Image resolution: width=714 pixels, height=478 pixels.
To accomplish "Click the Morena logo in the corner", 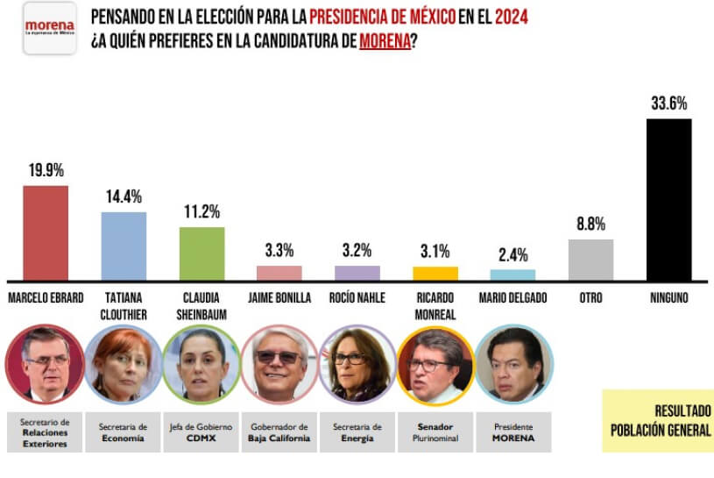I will (x=49, y=29).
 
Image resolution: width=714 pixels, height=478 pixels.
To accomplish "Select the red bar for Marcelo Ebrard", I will (x=46, y=232).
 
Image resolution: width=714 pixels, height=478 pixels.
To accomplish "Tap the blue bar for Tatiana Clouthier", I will (x=124, y=246).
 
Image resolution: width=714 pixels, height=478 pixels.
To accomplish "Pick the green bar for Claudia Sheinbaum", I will (x=201, y=253).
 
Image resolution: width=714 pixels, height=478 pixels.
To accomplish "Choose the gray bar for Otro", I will (x=590, y=259).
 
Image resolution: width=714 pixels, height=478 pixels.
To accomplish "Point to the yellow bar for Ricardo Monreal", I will (x=435, y=273).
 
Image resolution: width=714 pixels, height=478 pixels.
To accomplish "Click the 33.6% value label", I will (x=668, y=103).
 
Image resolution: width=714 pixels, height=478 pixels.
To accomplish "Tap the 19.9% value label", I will (x=46, y=170).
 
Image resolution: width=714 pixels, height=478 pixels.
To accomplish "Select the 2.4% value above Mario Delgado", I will (x=513, y=255).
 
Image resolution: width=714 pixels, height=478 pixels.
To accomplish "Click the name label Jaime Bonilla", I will (x=279, y=297).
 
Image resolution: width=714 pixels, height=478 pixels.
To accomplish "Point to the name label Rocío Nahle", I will (x=357, y=297).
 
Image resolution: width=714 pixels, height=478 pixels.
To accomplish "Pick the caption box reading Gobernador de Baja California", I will (x=279, y=432).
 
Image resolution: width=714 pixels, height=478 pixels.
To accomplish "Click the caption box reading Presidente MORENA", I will (x=513, y=432).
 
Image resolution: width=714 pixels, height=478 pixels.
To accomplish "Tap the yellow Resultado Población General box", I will (x=657, y=420).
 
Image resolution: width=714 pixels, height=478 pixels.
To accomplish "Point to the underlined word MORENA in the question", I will (x=385, y=41).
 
